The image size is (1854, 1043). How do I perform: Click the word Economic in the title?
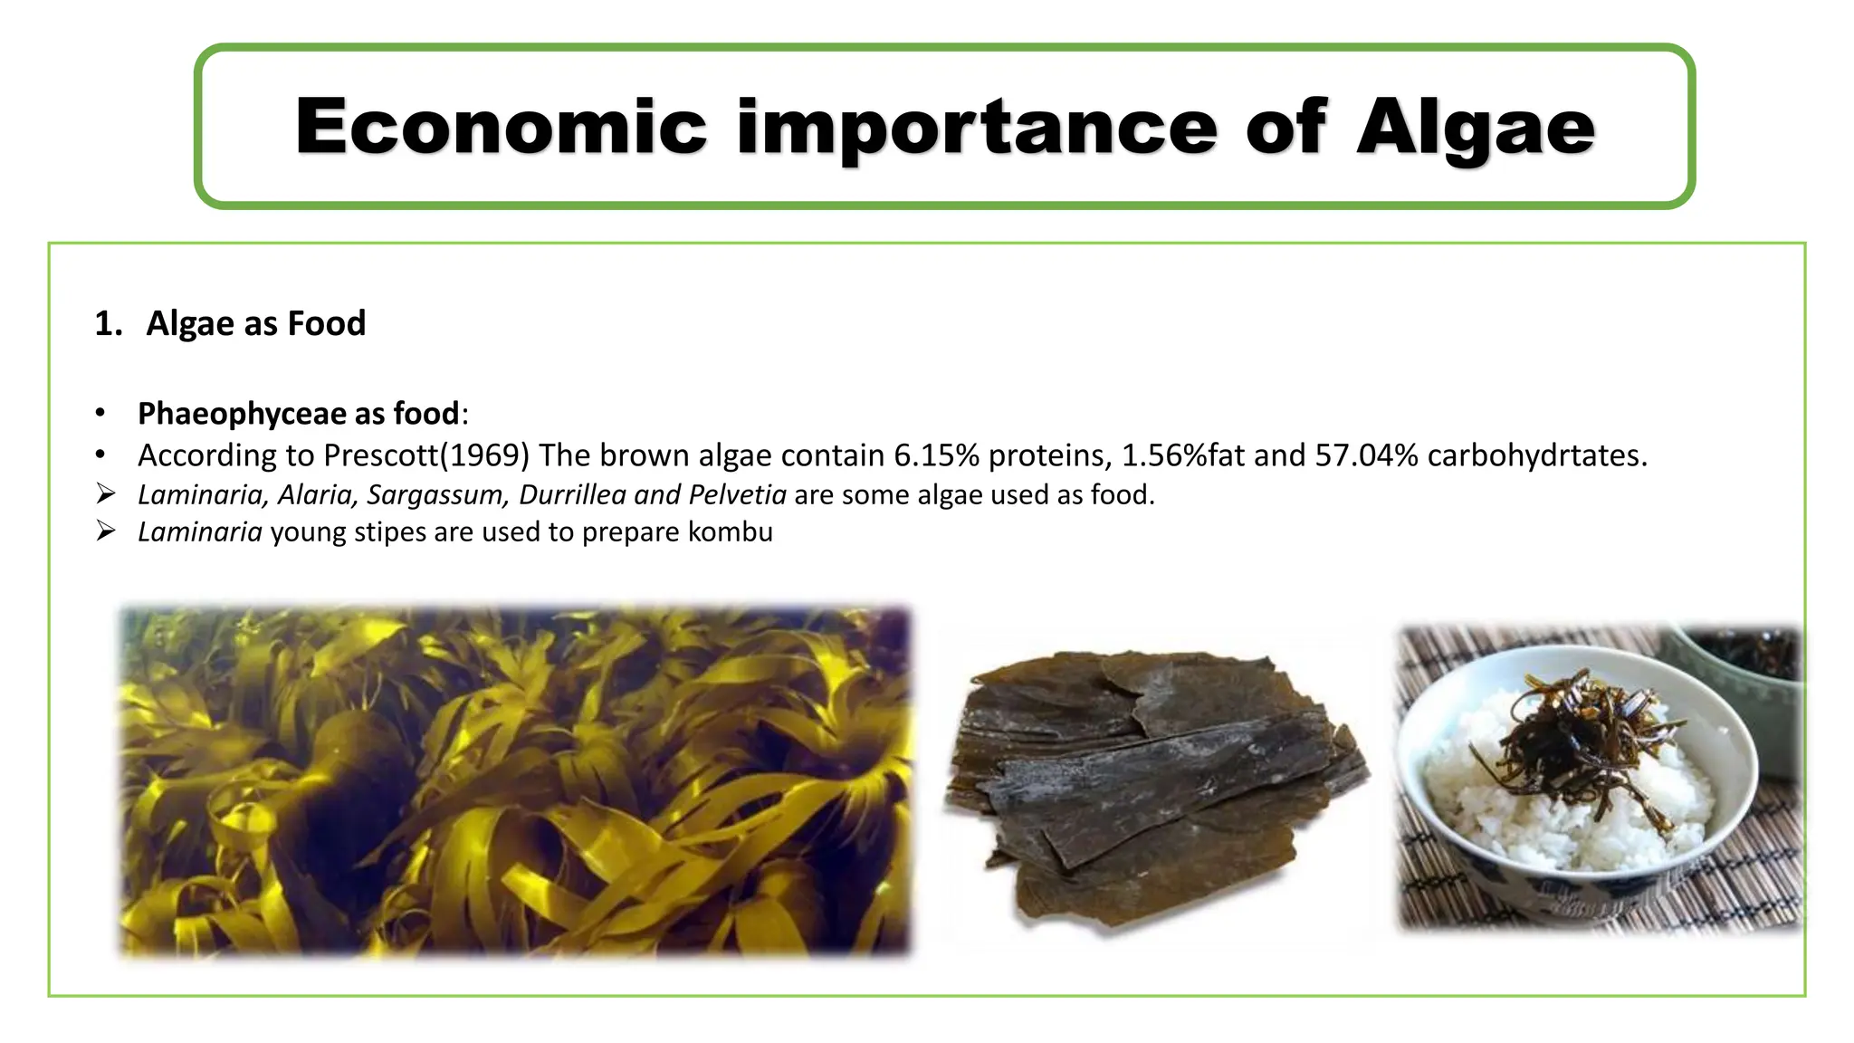coord(501,127)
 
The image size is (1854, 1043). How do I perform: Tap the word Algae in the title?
coord(1476,127)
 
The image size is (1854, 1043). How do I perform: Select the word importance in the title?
coord(977,127)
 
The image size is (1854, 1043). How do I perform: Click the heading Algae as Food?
coord(255,323)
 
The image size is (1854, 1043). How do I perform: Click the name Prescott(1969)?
coord(425,455)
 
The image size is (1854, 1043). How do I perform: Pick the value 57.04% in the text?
coord(1366,455)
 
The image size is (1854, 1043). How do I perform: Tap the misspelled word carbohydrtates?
coord(1537,455)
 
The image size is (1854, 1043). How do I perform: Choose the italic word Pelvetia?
coord(737,494)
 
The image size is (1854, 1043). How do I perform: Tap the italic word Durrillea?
coord(572,494)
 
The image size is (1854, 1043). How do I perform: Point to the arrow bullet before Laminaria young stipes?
coord(106,531)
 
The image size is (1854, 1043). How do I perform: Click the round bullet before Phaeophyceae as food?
coord(100,414)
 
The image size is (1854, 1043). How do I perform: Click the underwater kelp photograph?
coord(514,780)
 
